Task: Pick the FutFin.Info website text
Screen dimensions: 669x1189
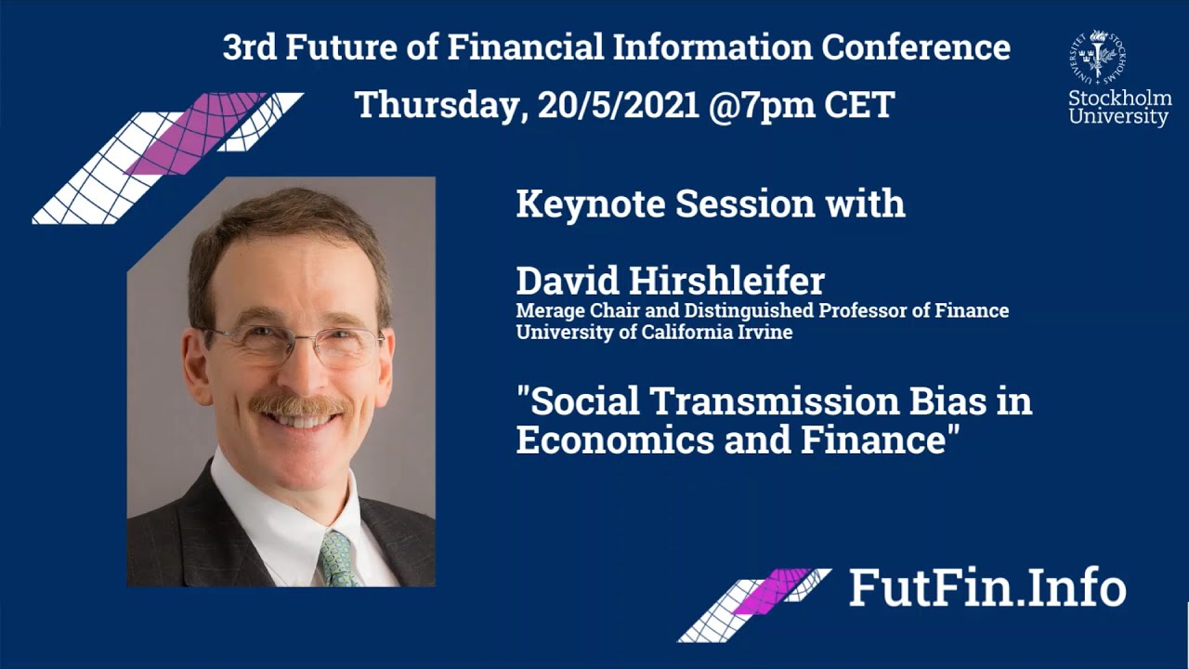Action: (x=986, y=588)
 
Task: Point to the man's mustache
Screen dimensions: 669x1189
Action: (x=299, y=404)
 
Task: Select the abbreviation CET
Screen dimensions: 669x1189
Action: (x=859, y=104)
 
